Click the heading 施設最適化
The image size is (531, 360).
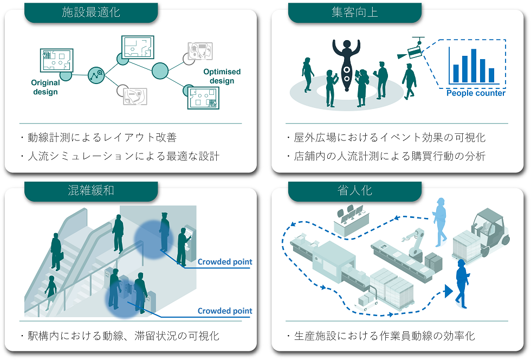[90, 12]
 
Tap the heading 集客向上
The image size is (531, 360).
[354, 12]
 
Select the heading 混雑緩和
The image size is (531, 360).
[90, 191]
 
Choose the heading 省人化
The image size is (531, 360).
[354, 191]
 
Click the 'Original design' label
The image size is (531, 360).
[46, 87]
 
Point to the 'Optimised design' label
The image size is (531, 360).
[222, 76]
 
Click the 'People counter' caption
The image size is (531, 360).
[475, 93]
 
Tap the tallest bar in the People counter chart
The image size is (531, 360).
[474, 65]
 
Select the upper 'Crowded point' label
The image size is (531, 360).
[225, 262]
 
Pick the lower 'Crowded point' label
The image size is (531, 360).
[225, 311]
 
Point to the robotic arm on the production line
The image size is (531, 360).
[414, 243]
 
